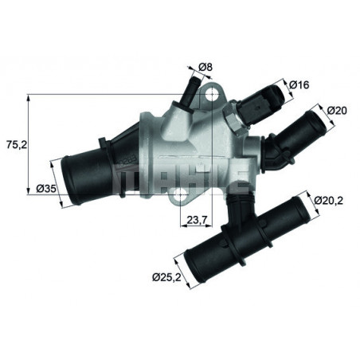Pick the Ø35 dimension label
pyautogui.click(x=45, y=189)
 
